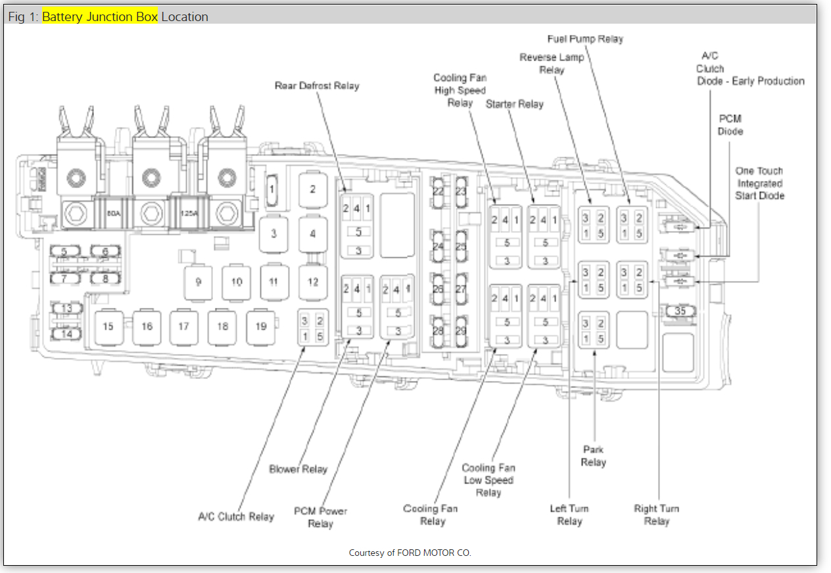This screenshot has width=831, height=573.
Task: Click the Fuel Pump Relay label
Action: point(584,39)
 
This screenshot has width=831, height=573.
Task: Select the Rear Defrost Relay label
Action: point(316,86)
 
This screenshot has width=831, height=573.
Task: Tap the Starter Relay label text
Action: point(514,104)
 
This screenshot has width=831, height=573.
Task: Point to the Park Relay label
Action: point(594,456)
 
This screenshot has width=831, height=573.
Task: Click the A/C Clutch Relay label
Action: point(235,516)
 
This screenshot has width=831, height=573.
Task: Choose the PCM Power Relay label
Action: point(320,517)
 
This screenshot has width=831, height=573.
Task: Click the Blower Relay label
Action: point(298,469)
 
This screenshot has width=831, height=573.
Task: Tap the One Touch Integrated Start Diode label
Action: point(759,183)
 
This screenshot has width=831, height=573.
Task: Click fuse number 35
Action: point(680,311)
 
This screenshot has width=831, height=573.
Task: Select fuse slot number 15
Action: point(108,326)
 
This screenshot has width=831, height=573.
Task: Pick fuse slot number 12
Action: point(313,282)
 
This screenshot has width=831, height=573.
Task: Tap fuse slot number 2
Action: point(313,189)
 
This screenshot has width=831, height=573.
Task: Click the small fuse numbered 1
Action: point(272,189)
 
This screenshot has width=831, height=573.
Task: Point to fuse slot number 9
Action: point(198,282)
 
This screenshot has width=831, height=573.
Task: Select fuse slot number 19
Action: point(261,326)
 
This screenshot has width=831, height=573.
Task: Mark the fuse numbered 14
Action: point(66,334)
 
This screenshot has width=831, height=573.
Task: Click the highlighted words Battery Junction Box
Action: point(100,16)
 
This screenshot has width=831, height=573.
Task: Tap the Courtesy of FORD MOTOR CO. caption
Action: point(410,553)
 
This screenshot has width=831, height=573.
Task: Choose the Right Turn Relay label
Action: point(656,514)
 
